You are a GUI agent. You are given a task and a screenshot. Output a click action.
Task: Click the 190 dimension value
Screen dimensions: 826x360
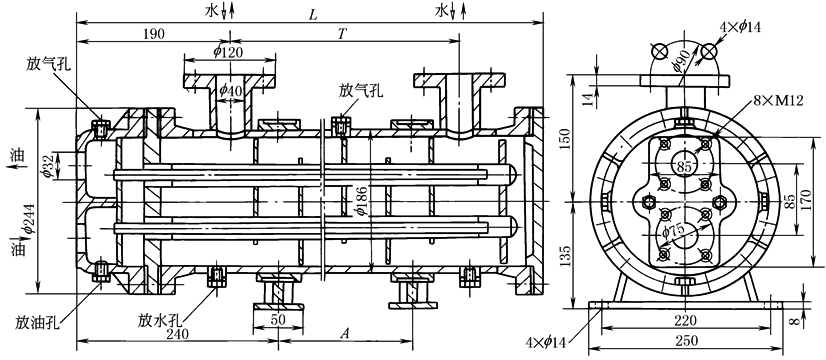click(x=153, y=35)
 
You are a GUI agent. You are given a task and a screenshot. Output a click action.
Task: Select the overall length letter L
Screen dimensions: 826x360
click(x=313, y=15)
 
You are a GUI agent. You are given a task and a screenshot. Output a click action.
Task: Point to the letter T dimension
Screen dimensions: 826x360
click(x=342, y=34)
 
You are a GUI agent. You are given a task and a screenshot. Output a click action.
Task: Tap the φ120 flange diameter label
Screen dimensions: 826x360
click(x=230, y=52)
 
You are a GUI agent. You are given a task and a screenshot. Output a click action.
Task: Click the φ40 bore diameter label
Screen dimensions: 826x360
click(x=230, y=91)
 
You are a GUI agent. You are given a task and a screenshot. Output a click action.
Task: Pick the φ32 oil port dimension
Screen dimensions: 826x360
click(x=46, y=165)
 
